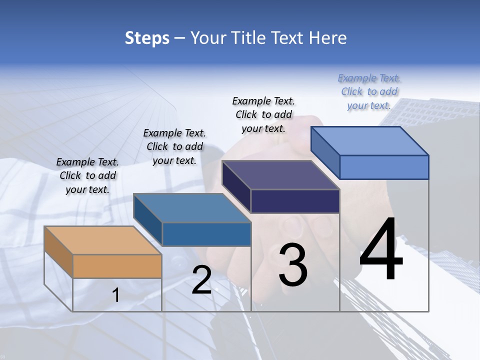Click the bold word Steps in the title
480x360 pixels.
coord(147,38)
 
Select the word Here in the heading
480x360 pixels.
coord(328,38)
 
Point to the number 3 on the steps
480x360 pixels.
coord(293,265)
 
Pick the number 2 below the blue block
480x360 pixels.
coord(201,280)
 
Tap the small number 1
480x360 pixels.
coord(116,295)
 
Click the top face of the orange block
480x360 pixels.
coord(103,240)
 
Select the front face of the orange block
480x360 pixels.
coord(117,266)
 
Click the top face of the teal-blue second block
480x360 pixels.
coord(192,208)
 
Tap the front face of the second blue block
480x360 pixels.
coord(206,234)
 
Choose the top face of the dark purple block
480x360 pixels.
coord(281,175)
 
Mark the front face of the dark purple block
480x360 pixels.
coord(295,201)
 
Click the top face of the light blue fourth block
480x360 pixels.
coord(370,141)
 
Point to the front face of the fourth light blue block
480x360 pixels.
coord(384,167)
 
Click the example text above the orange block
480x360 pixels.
coord(87,175)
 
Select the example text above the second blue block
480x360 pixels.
coord(174,146)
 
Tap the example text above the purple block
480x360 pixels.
coord(263,114)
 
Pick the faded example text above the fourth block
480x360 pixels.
coord(369,91)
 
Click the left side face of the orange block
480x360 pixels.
coord(58,252)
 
